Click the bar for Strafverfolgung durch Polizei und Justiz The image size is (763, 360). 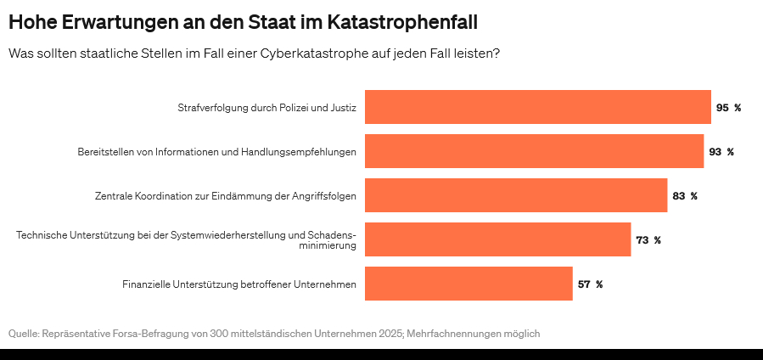tap(537, 107)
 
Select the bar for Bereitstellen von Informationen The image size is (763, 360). tap(534, 151)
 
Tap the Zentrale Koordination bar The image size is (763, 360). tap(516, 195)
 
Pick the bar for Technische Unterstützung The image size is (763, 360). tap(497, 239)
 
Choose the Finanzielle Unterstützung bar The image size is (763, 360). tap(468, 284)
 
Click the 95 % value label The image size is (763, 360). tap(728, 108)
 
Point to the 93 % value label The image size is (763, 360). tap(721, 152)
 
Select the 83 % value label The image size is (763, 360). tap(684, 196)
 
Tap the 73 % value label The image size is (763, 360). tap(648, 240)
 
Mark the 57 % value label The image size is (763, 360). tap(590, 284)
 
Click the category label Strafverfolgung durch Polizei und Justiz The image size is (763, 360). tap(266, 108)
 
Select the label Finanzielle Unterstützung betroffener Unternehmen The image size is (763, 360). tap(239, 284)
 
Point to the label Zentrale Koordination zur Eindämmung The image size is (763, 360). tap(225, 196)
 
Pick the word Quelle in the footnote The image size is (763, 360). tap(23, 334)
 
